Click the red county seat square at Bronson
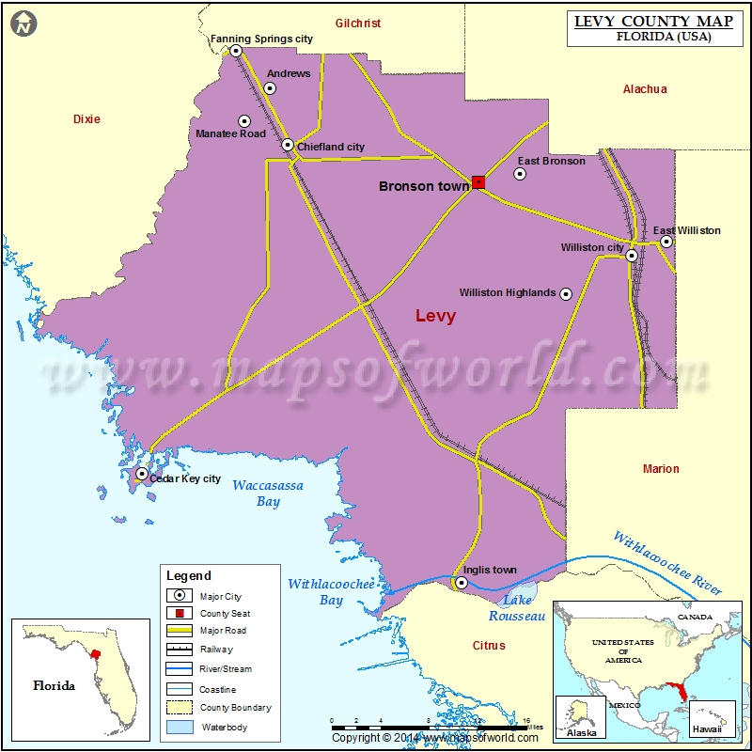click(478, 182)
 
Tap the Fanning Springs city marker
click(236, 51)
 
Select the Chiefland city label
click(330, 147)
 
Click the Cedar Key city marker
click(142, 475)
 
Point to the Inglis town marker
click(462, 583)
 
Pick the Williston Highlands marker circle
click(566, 294)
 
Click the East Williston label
click(687, 230)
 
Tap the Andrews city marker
click(270, 88)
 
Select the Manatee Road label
click(230, 133)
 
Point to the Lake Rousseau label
click(516, 607)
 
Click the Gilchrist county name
click(358, 23)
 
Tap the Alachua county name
click(645, 89)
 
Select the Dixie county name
click(86, 119)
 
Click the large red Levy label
click(435, 316)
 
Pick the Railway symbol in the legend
click(179, 650)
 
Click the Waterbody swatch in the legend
click(179, 728)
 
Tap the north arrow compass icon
click(23, 23)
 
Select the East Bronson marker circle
click(520, 174)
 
